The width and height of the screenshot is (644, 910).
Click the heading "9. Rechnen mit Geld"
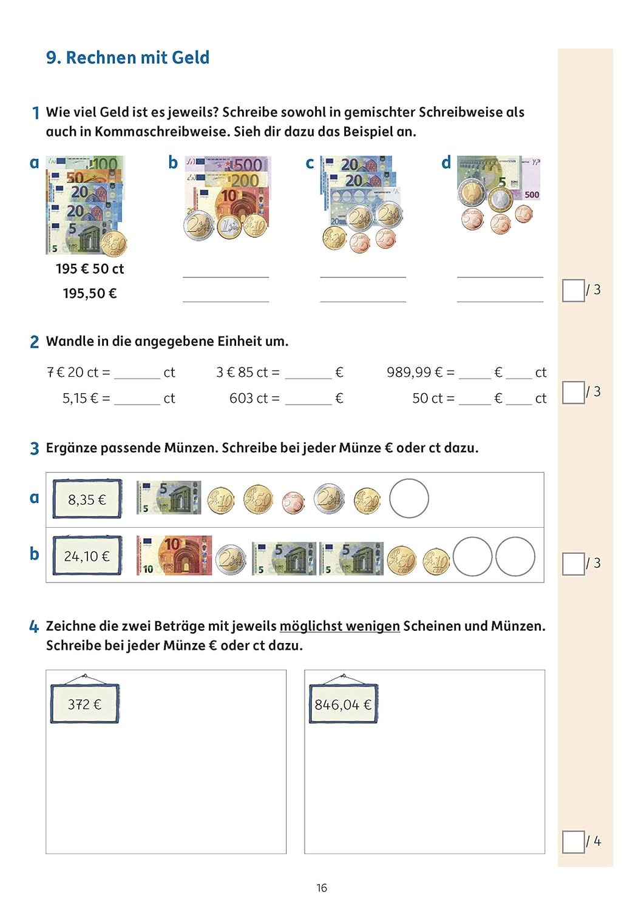pos(127,58)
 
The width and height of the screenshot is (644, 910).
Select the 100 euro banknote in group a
pos(86,163)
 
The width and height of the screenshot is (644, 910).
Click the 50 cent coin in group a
pos(114,244)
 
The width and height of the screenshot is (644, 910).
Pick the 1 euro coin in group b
pos(229,227)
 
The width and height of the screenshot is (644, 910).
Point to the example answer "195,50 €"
pos(90,293)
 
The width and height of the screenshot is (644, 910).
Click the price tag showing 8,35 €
pos(87,499)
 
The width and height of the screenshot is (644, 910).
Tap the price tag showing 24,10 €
pos(87,556)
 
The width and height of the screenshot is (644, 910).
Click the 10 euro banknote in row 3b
pos(174,555)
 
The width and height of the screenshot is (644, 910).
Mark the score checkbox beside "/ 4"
pos(573,842)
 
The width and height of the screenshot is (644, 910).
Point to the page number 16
pos(322,888)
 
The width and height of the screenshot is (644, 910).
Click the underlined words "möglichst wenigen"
pos(340,626)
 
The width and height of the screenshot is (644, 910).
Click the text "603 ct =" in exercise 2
pos(254,398)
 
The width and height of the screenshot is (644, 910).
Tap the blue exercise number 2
pos(35,342)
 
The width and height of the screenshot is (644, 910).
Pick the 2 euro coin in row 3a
pos(330,499)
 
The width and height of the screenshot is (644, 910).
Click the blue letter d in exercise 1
pos(446,163)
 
